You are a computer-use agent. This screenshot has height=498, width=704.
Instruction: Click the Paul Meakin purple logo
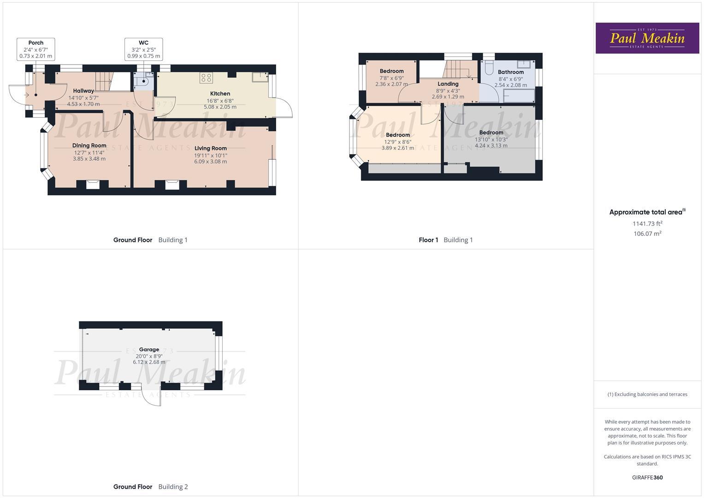point(647,38)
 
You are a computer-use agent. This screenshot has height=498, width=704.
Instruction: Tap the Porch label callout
point(36,49)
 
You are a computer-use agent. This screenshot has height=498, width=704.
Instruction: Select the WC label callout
point(143,49)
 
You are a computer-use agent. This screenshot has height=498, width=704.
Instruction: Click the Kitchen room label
point(220,94)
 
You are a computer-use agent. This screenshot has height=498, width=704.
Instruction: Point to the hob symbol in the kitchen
point(206,78)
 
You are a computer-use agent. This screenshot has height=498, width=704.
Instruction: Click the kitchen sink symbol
point(260,77)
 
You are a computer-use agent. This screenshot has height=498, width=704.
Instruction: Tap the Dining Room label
point(89,145)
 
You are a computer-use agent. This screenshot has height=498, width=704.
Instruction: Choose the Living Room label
point(211,148)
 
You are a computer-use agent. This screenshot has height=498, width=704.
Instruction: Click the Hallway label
point(83,91)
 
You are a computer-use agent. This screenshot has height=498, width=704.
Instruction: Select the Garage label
point(149,350)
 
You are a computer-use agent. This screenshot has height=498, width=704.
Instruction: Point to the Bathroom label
point(510,72)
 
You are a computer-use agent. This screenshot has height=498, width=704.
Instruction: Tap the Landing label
point(448,84)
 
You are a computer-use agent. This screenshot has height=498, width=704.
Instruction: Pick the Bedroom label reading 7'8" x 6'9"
point(391,71)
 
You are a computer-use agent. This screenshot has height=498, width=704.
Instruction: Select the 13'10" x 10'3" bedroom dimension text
point(491,139)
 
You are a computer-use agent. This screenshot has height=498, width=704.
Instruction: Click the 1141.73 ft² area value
point(647,224)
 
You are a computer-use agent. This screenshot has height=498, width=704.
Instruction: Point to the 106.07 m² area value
point(647,234)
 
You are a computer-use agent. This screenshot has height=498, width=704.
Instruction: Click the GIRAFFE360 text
point(647,477)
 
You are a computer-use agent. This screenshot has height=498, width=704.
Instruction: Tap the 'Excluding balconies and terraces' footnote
point(647,394)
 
